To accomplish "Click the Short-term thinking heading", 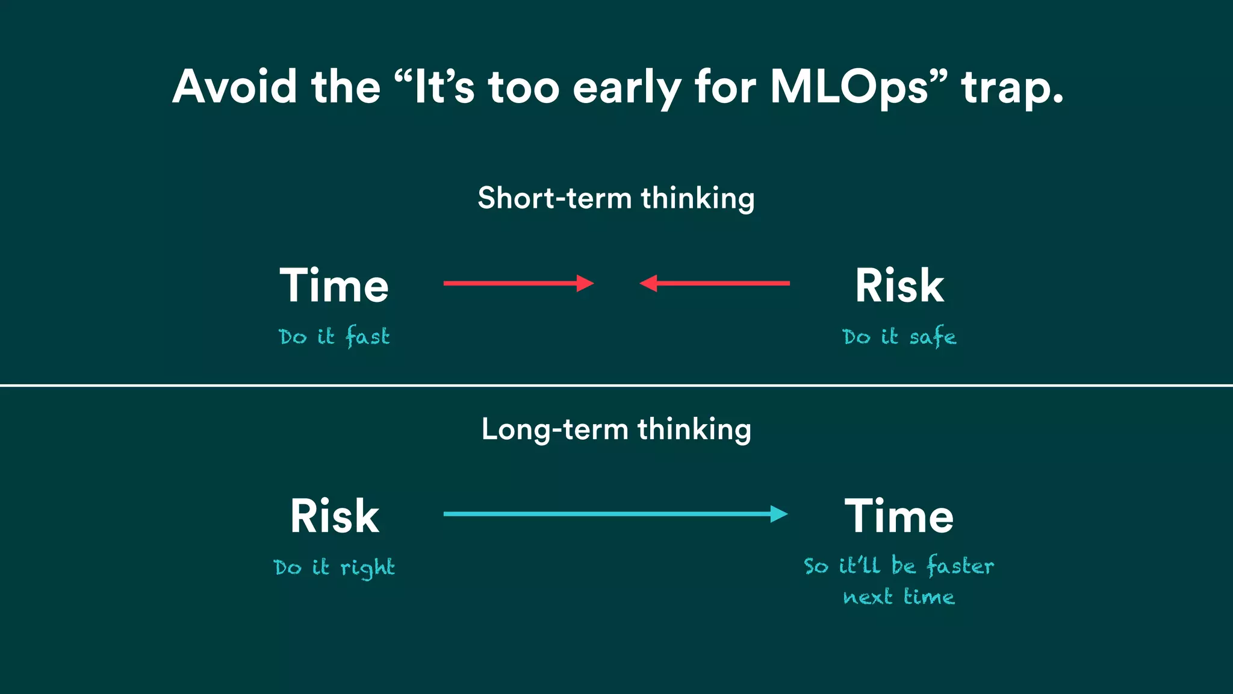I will tap(616, 198).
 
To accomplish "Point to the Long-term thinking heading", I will tap(616, 430).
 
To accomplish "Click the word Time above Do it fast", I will tap(334, 286).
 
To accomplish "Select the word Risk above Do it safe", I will tap(899, 286).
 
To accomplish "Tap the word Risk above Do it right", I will tap(335, 516).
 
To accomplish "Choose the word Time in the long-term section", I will tap(899, 516).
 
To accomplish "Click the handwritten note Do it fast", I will tap(334, 336).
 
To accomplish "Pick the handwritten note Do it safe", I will tap(899, 336).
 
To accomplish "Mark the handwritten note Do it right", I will tap(334, 567).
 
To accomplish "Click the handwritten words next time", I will tap(899, 597).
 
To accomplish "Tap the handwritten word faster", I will tap(960, 566).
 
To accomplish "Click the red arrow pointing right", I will tap(518, 283).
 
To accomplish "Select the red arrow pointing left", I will tap(715, 283).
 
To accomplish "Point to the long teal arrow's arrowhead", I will tap(780, 514).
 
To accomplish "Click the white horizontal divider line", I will tap(616, 385).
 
